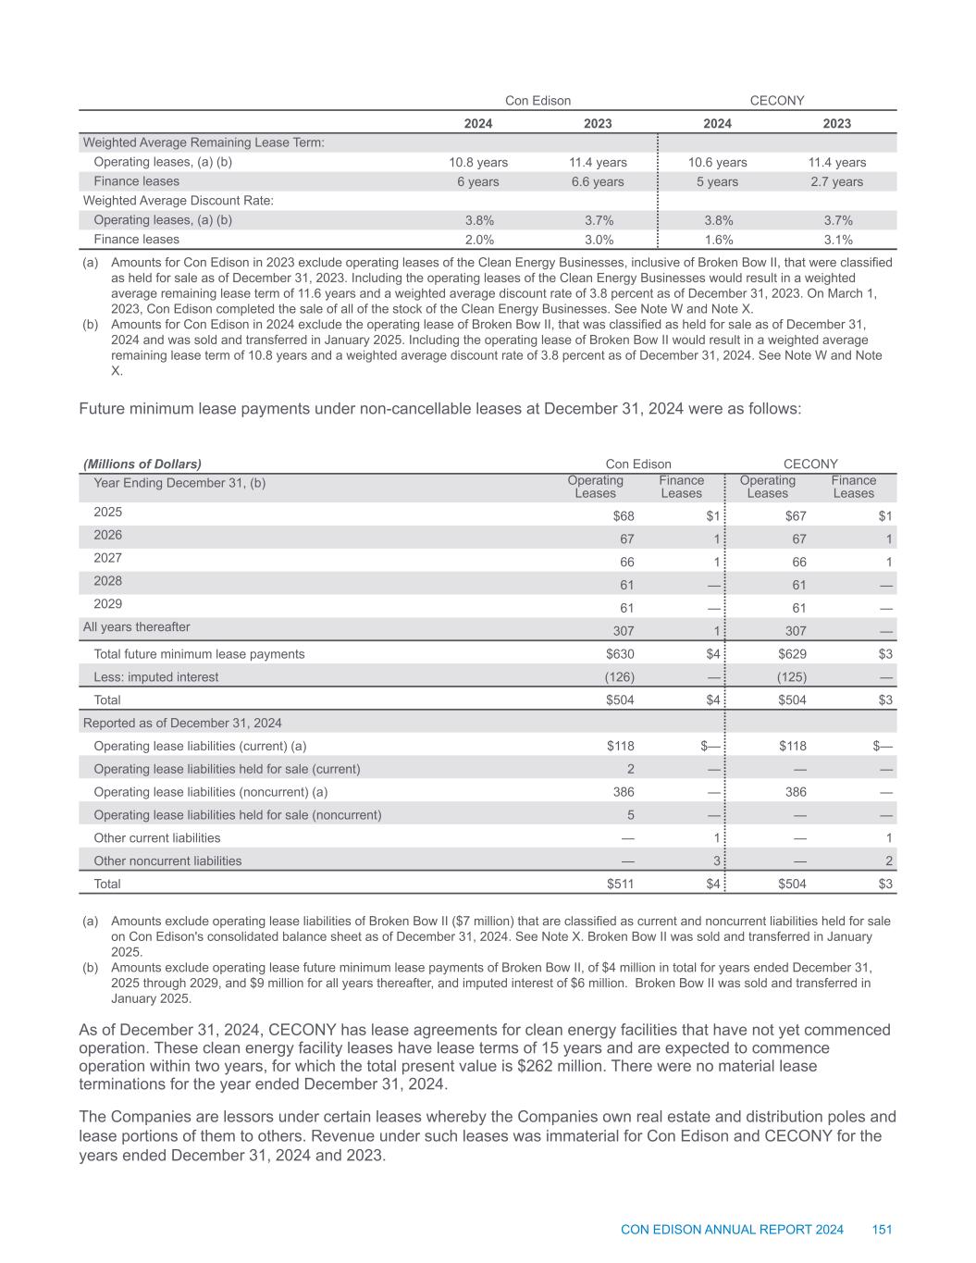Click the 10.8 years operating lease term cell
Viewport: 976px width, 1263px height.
pyautogui.click(x=478, y=162)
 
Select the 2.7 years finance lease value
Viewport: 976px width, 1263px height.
pyautogui.click(x=836, y=181)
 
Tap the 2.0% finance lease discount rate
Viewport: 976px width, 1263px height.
pyautogui.click(x=478, y=240)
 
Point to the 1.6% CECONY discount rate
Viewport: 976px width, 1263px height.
pyautogui.click(x=717, y=240)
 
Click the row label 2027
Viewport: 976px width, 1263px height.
pyautogui.click(x=107, y=558)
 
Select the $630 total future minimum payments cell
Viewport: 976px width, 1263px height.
pyautogui.click(x=618, y=654)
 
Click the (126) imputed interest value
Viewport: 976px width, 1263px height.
pyautogui.click(x=619, y=677)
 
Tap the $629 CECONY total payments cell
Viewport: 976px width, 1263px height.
pyautogui.click(x=790, y=654)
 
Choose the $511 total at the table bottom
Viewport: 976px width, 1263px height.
pyautogui.click(x=618, y=884)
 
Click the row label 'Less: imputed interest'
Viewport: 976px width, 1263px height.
pyautogui.click(x=156, y=677)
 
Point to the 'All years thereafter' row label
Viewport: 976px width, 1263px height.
pyautogui.click(x=136, y=627)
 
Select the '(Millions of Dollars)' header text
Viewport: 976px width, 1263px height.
pyautogui.click(x=142, y=464)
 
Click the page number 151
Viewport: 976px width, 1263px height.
pyautogui.click(x=882, y=1230)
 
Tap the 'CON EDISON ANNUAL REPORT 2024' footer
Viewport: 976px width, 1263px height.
pyautogui.click(x=732, y=1230)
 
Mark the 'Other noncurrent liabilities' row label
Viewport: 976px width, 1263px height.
pyautogui.click(x=167, y=861)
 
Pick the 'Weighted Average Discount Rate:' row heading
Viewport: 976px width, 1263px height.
pyautogui.click(x=178, y=201)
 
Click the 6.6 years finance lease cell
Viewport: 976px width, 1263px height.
pyautogui.click(x=597, y=181)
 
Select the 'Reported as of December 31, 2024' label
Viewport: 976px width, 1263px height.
pyautogui.click(x=182, y=723)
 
